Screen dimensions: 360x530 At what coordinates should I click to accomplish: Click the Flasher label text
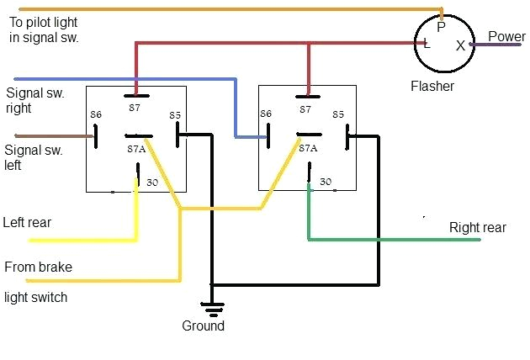coord(432,86)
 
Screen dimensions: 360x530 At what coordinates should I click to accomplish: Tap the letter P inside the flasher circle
coord(440,27)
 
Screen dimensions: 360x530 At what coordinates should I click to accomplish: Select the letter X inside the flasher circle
coord(460,46)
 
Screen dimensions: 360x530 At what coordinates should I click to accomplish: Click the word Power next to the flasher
coord(506,36)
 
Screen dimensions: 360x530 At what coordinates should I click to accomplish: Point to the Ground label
coord(204,326)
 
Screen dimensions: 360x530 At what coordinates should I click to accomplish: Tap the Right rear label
coord(478,227)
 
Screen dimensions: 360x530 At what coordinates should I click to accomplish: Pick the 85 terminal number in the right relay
coord(338,114)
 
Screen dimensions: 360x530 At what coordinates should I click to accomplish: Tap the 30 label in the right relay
coord(326,181)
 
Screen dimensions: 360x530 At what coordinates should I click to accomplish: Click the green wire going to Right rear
coord(395,240)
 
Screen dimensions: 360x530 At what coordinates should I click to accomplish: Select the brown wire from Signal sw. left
coord(50,135)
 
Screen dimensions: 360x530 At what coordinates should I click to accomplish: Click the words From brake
coord(38,267)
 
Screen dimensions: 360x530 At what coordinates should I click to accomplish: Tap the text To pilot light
coord(42,23)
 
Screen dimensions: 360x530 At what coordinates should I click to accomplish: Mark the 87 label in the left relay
coord(135,109)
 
